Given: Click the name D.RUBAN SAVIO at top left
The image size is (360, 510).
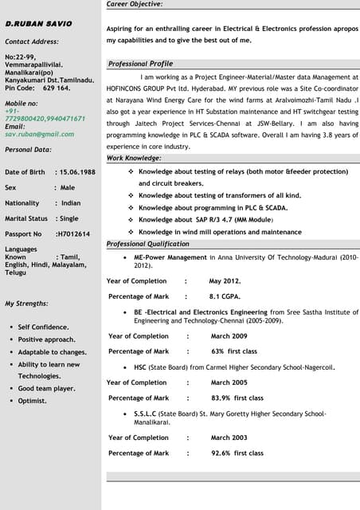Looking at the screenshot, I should (39, 25).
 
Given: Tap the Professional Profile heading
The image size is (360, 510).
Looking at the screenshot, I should (140, 64).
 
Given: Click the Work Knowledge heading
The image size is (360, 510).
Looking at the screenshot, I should (135, 158).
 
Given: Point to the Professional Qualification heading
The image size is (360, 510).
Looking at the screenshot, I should (147, 244).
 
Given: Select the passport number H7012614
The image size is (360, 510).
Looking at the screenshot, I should (72, 234).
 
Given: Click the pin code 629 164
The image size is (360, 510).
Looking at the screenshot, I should (57, 88).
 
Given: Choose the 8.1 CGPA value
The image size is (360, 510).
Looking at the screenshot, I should (225, 296).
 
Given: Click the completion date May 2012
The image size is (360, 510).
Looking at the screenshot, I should (225, 281).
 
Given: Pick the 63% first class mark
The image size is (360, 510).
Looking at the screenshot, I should (233, 351).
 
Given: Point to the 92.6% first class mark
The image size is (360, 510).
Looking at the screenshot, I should (237, 453).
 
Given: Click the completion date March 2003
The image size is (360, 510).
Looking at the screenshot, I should (229, 437).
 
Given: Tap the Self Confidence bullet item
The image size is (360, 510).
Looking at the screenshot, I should (43, 327).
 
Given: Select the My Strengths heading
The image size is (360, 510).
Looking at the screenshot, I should (26, 304).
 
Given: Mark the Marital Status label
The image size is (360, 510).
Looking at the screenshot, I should (26, 218).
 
